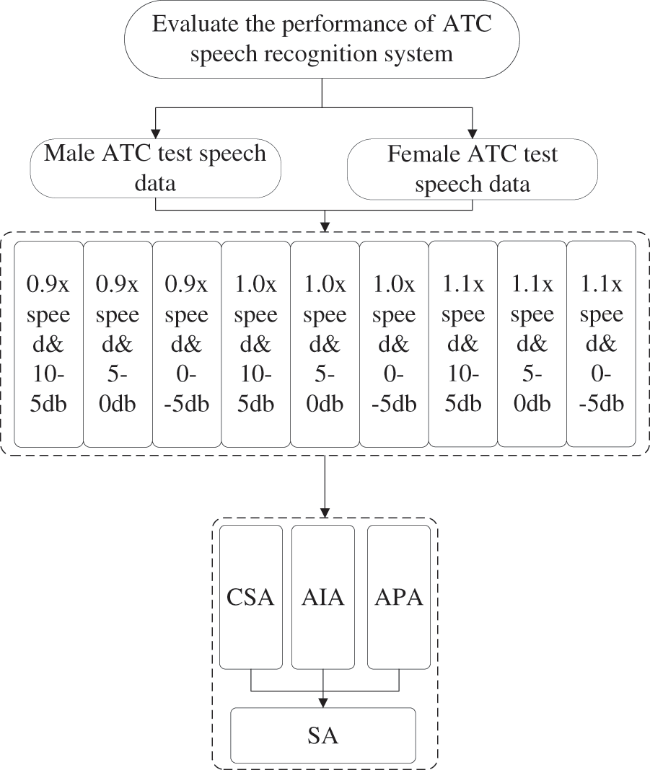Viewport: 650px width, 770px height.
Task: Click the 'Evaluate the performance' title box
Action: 322,39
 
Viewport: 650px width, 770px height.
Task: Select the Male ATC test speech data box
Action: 155,168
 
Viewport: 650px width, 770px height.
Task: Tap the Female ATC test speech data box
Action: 472,169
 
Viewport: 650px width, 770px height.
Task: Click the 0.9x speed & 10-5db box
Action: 48,344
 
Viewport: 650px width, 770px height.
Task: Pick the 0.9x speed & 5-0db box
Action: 118,344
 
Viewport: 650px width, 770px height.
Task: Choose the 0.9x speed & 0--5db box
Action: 187,344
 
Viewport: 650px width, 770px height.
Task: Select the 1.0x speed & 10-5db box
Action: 255,344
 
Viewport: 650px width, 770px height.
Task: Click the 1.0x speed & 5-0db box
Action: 325,344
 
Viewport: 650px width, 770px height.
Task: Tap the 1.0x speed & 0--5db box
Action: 394,344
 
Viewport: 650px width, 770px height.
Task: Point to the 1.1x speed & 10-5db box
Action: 463,344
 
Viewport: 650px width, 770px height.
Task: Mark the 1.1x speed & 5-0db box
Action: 532,344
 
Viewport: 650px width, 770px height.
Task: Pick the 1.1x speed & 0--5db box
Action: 602,344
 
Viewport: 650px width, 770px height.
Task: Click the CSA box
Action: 250,597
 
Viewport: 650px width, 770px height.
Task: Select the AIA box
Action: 322,597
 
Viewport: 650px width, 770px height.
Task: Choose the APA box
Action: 399,597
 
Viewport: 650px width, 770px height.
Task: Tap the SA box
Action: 322,735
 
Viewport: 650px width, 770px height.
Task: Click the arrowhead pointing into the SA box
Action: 322,702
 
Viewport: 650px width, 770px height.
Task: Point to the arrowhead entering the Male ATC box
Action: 156,133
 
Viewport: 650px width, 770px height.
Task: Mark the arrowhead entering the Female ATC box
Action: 472,133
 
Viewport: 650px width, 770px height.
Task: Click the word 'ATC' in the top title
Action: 467,24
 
